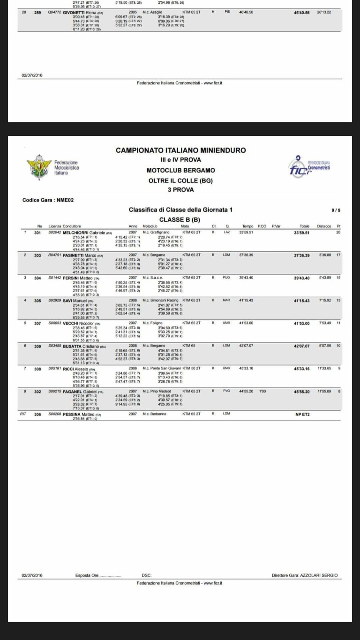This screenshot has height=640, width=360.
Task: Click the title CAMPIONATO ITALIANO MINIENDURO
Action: (x=180, y=151)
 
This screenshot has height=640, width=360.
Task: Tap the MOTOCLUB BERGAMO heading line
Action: (x=180, y=170)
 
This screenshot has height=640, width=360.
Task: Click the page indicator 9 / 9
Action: (x=336, y=210)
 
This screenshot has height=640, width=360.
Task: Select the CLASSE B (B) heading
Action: (x=180, y=219)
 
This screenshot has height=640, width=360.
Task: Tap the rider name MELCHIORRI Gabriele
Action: (x=83, y=233)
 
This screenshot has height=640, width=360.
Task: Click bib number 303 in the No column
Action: (x=38, y=255)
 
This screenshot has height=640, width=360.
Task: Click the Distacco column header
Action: (x=323, y=226)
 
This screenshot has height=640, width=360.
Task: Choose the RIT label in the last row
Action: (x=22, y=414)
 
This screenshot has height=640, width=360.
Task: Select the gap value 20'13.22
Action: (x=324, y=12)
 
